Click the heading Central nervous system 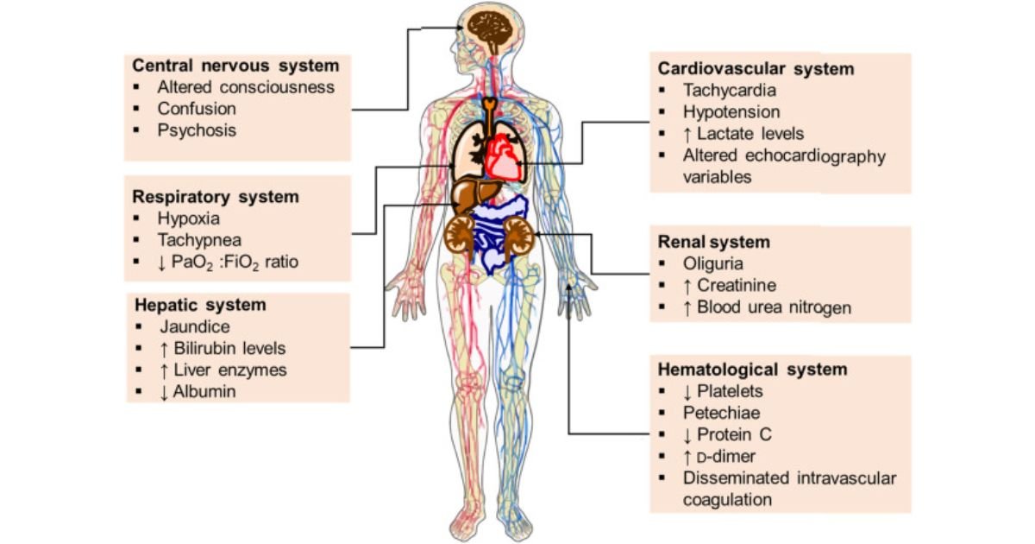[x=235, y=66]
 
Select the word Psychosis [x=197, y=130]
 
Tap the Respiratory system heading [x=216, y=197]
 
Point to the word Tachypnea [x=198, y=239]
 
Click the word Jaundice [x=195, y=327]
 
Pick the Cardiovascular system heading [x=756, y=67]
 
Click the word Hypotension [x=731, y=111]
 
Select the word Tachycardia [x=730, y=90]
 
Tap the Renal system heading [x=713, y=242]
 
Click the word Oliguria [x=712, y=263]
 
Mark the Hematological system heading [x=753, y=370]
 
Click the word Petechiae [x=722, y=413]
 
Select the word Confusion [x=197, y=109]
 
